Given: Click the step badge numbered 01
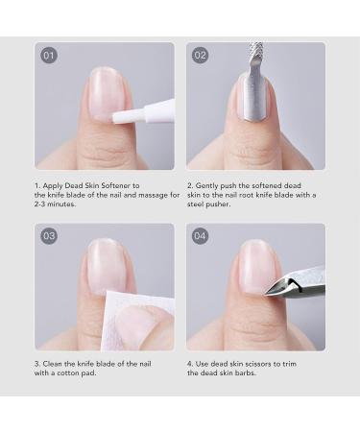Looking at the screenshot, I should [49, 56].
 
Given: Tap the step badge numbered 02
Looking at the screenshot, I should [201, 56].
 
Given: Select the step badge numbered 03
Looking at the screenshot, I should [49, 236].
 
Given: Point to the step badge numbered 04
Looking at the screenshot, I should [201, 236].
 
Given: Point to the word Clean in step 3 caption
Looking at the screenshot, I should [60, 365].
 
